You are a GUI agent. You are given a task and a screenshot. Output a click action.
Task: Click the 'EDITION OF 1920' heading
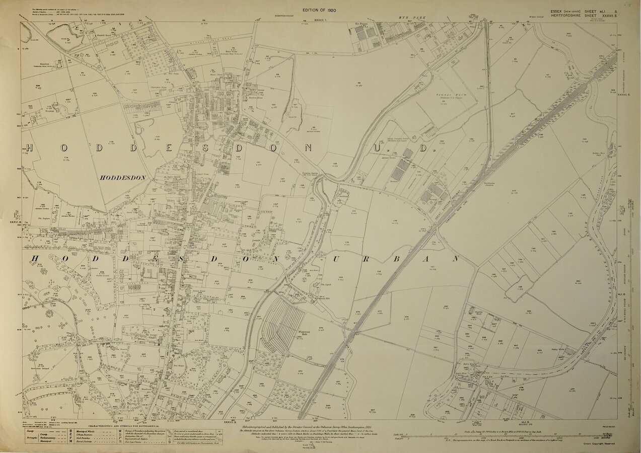[x=320, y=10]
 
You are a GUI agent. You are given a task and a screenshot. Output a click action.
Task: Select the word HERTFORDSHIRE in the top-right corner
[x=567, y=16]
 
